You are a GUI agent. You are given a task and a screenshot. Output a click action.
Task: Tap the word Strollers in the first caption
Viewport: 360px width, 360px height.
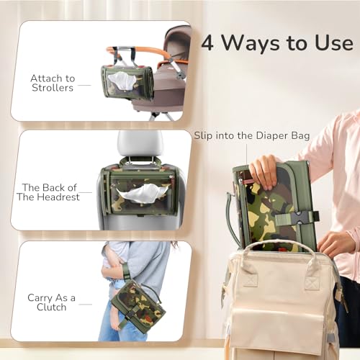point(53,89)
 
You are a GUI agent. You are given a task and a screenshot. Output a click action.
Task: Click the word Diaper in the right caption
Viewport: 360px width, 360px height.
point(269,135)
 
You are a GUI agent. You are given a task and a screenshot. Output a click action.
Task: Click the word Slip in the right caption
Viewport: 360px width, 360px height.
point(204,135)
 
